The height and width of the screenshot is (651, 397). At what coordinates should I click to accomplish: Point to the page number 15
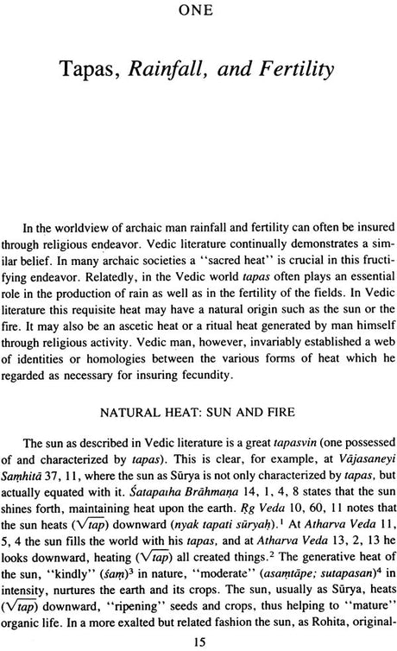coord(198,640)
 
